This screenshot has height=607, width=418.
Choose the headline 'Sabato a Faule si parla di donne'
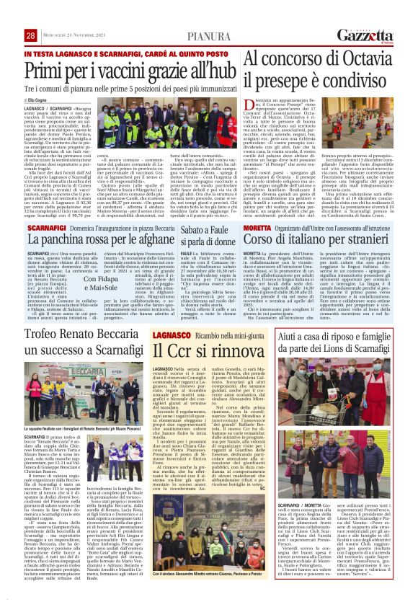tap(209, 234)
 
